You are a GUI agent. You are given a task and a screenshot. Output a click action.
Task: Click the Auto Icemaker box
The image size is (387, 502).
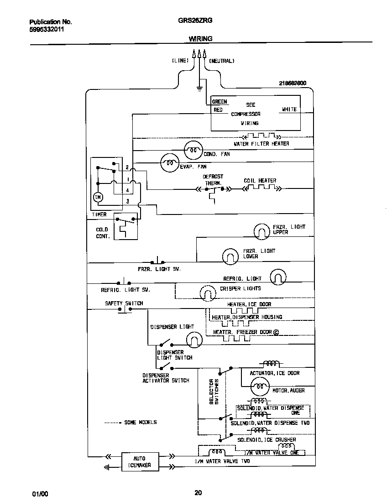[139, 461]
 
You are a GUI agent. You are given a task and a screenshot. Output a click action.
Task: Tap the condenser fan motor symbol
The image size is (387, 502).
[193, 150]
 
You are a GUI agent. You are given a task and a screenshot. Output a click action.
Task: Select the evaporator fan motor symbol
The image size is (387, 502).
[169, 162]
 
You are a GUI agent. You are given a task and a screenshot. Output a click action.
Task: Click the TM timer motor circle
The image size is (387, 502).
[99, 197]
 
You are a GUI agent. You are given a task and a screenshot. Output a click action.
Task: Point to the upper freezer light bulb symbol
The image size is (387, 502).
[262, 231]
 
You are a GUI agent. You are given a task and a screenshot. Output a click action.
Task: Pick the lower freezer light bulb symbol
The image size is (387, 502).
[230, 256]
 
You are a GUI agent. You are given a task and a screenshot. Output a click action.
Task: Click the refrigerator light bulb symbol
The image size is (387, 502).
[278, 277]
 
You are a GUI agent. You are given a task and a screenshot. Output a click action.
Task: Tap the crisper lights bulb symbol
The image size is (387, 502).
[207, 292]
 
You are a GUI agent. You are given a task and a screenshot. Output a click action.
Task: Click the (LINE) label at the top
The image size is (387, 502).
[180, 61]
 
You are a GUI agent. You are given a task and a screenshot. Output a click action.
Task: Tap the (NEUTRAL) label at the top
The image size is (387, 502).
[222, 61]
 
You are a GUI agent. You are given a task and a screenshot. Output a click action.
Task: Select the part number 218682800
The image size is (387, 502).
[293, 83]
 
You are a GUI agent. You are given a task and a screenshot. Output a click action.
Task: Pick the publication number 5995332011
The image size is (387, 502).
[47, 30]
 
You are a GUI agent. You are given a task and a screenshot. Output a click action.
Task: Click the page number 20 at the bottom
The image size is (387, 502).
[198, 492]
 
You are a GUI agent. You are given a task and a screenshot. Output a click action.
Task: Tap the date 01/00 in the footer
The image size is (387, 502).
[40, 494]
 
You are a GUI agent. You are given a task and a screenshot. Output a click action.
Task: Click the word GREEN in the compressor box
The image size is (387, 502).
[220, 102]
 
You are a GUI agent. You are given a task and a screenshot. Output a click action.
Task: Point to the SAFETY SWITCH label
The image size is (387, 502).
[124, 303]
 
